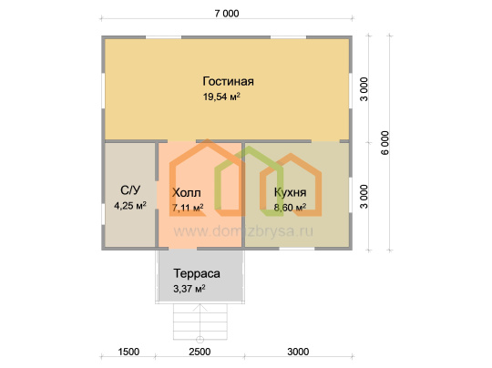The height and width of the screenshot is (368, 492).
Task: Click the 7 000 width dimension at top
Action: point(227,14)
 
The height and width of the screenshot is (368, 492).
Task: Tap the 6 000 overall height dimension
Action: point(385,143)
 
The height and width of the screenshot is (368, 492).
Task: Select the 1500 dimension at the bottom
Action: point(128,352)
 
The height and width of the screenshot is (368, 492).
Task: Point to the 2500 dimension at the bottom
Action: point(200,352)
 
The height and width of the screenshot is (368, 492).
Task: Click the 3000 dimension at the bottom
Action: point(298,352)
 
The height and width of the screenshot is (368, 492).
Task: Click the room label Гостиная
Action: point(228,81)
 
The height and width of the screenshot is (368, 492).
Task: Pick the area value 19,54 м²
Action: point(221,97)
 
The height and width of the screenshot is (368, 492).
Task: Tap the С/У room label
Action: point(130,189)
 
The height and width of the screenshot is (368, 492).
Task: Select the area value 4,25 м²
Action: point(130,206)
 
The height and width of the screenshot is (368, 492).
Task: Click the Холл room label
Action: point(187,192)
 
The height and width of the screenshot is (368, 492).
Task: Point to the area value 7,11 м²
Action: point(188,208)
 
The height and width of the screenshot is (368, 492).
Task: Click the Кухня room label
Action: point(290,192)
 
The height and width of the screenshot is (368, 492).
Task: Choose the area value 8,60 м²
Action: point(290,207)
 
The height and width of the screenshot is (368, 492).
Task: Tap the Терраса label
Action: point(197,273)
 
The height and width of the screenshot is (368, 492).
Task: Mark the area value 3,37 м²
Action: point(190,289)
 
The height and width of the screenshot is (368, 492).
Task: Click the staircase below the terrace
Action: point(200,322)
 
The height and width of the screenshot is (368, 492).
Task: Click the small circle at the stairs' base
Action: point(200,340)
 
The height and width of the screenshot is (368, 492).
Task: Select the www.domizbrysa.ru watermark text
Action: point(243,231)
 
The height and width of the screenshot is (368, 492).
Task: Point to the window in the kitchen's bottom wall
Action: point(297,249)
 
